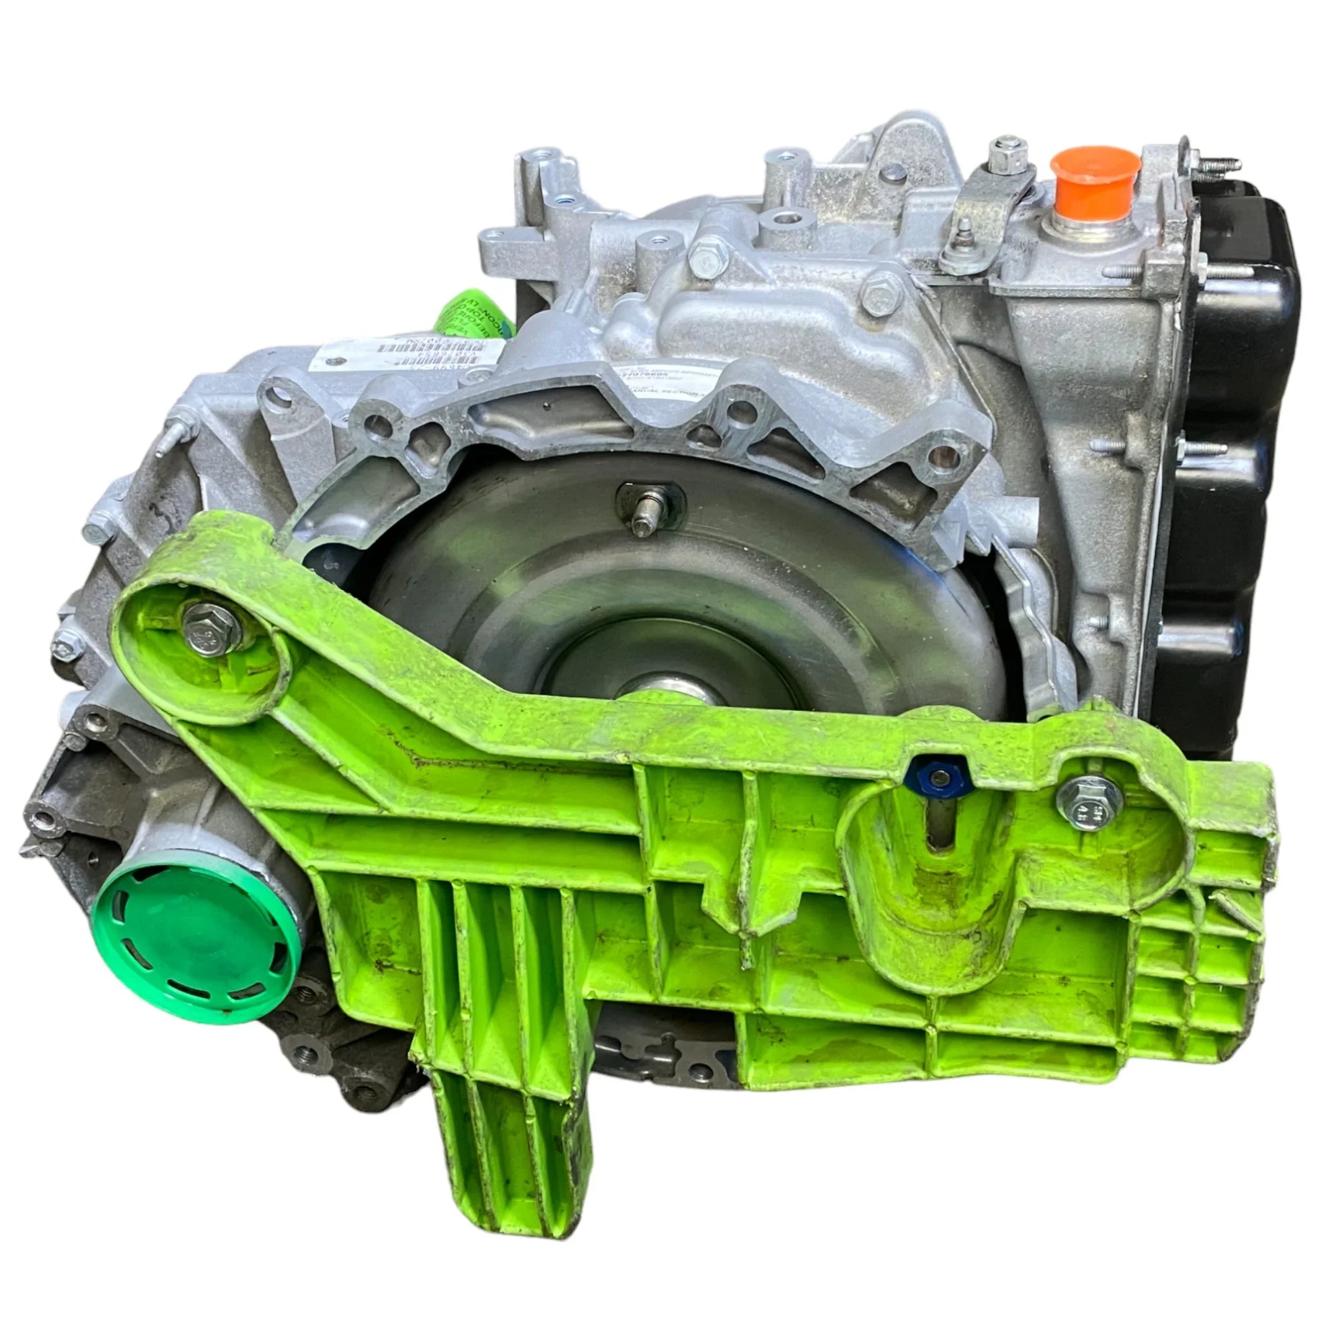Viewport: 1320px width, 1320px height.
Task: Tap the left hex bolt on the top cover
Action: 703,260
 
